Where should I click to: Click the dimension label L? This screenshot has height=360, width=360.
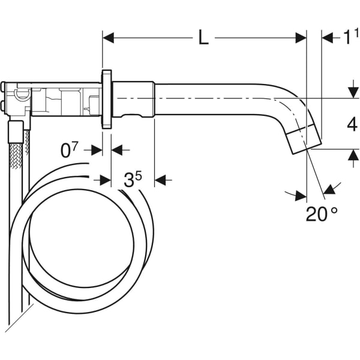203,38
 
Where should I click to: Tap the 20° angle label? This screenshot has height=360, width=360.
322,214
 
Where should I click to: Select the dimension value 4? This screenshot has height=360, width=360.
352,125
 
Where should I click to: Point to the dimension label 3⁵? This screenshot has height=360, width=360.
133,179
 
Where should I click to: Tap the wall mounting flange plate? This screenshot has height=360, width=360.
107,99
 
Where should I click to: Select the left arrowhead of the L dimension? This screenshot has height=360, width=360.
108,38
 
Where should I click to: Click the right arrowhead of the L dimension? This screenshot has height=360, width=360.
301,38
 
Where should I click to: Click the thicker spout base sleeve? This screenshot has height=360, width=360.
133,99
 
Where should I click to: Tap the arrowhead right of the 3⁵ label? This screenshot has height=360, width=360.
160,179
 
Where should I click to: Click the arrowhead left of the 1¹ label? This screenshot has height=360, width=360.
328,38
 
